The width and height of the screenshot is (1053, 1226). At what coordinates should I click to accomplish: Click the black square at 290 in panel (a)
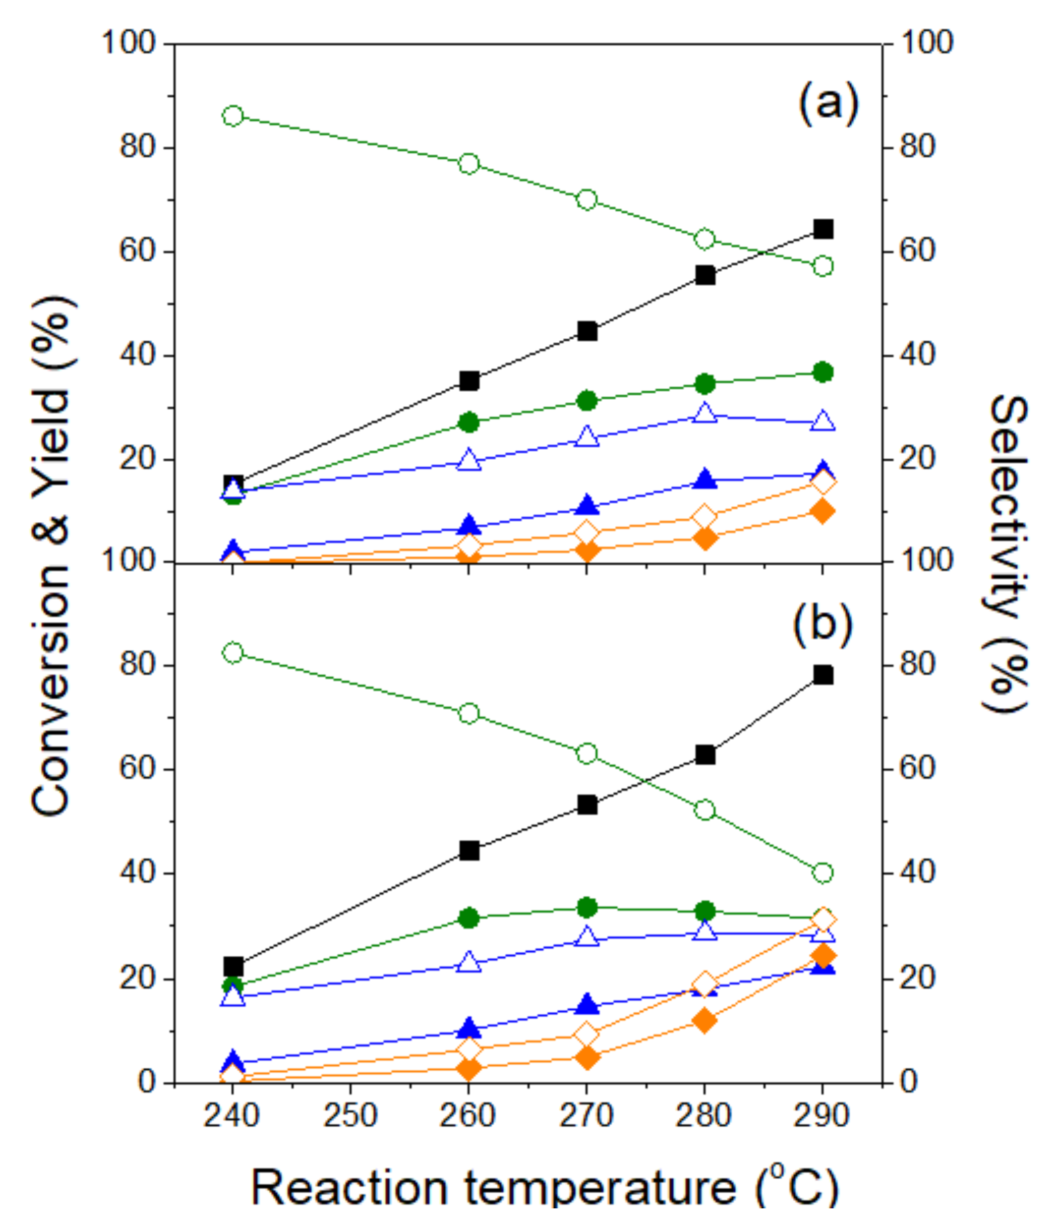pyautogui.click(x=823, y=229)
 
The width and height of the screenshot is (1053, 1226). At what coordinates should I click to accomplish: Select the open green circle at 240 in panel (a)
pyautogui.click(x=233, y=116)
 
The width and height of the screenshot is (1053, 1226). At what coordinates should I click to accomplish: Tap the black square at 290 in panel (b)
pyautogui.click(x=823, y=675)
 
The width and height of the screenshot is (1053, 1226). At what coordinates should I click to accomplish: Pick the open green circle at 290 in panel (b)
pyautogui.click(x=823, y=873)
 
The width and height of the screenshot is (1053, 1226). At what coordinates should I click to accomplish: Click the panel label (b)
pyautogui.click(x=823, y=624)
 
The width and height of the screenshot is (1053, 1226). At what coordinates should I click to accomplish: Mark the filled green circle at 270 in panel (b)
pyautogui.click(x=587, y=907)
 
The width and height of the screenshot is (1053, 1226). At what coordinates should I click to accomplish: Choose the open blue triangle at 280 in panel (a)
pyautogui.click(x=705, y=413)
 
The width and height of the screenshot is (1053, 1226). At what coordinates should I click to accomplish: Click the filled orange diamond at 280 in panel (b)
pyautogui.click(x=705, y=1021)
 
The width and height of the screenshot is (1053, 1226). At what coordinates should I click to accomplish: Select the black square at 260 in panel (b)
pyautogui.click(x=469, y=851)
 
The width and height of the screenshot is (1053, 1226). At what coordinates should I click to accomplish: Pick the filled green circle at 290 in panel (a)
pyautogui.click(x=823, y=372)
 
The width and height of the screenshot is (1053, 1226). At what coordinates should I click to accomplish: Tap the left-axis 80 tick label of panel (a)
pyautogui.click(x=137, y=147)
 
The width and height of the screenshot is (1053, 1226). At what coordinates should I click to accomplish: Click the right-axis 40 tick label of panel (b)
pyautogui.click(x=917, y=873)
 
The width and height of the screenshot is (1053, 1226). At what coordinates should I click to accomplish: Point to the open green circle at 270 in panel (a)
pyautogui.click(x=587, y=200)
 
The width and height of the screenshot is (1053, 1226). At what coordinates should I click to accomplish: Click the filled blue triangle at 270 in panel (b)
pyautogui.click(x=587, y=1004)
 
